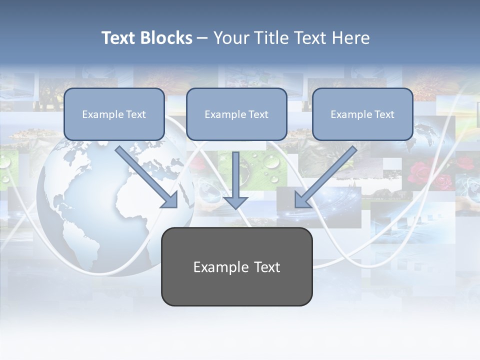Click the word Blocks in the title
(x=166, y=38)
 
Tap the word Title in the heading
(x=268, y=38)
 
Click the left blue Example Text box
(x=114, y=114)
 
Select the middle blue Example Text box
(x=236, y=114)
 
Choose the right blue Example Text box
(x=362, y=114)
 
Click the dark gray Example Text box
(x=236, y=266)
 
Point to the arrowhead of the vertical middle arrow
(x=235, y=202)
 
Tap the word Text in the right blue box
(x=384, y=114)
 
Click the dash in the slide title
(x=202, y=38)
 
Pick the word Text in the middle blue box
(x=258, y=114)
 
